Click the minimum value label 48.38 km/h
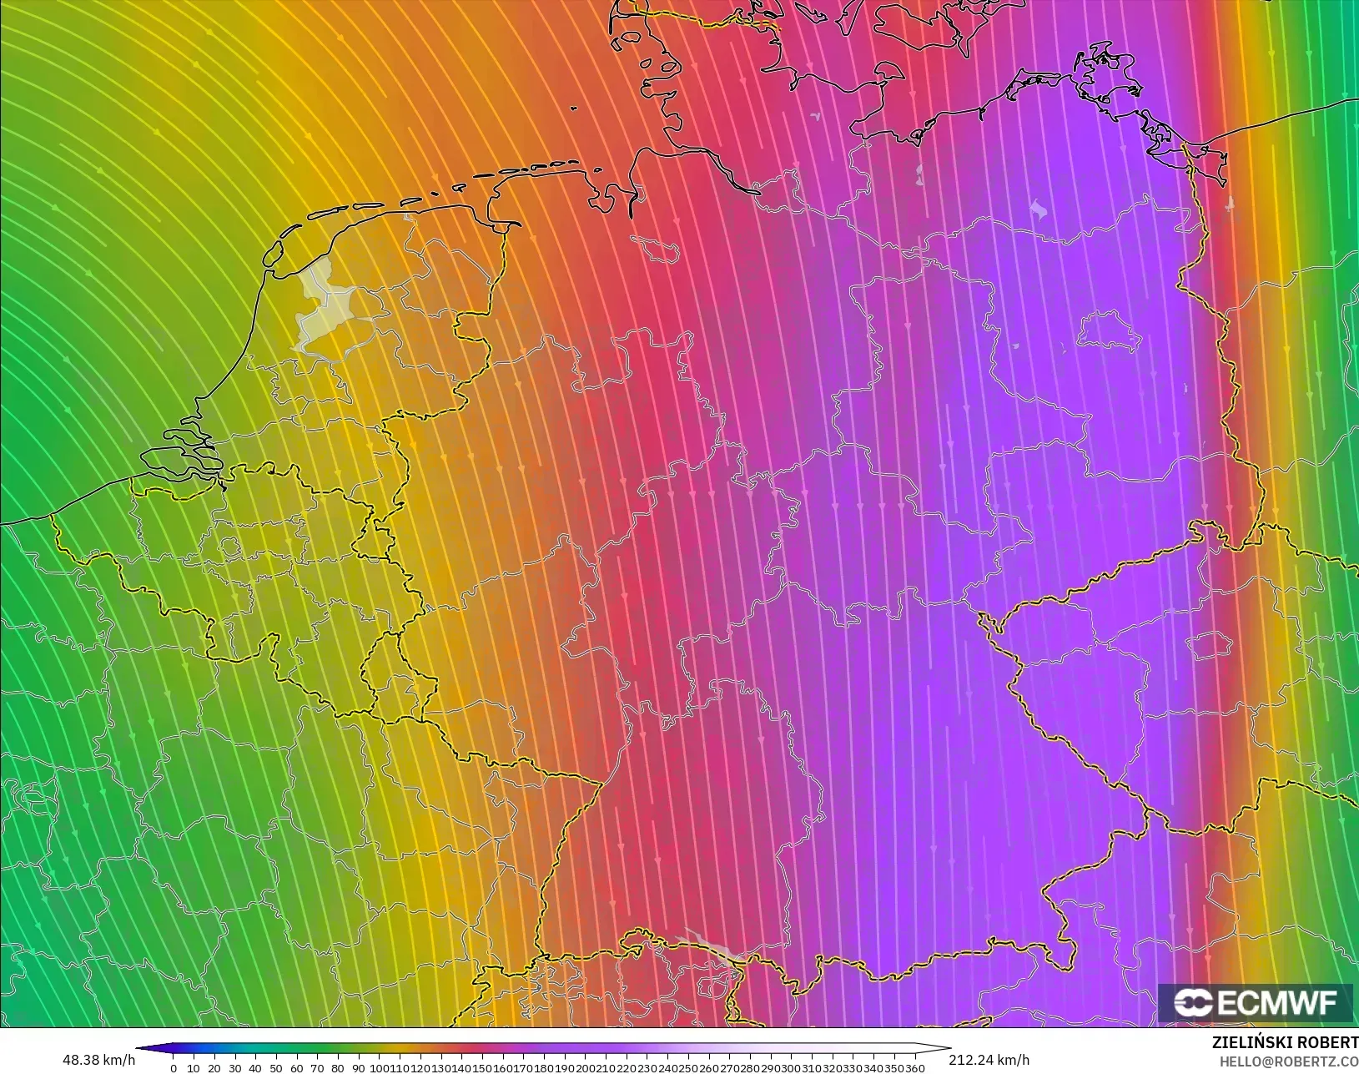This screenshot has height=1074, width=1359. tap(98, 1060)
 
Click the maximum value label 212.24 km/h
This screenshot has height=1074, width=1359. tap(989, 1060)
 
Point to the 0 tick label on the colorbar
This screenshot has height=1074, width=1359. tap(174, 1068)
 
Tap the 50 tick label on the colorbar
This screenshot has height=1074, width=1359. tap(275, 1068)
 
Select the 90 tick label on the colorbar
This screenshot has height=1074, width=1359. tap(357, 1068)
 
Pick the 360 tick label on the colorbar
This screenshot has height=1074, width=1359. tap(915, 1068)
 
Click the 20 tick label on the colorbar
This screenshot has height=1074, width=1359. tap(214, 1068)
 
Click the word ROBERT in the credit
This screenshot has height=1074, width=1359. tap(1330, 1043)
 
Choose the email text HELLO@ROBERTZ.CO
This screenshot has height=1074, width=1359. tap(1289, 1061)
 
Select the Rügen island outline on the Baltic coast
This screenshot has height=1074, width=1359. tap(1105, 71)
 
